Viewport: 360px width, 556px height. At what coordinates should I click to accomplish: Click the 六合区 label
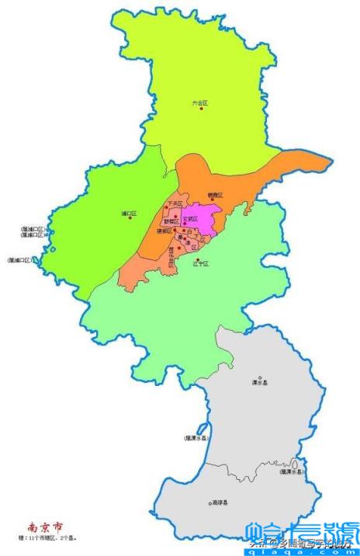point(201,103)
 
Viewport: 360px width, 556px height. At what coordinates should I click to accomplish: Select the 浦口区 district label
point(129,213)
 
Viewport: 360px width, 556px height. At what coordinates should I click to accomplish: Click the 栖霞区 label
point(215,195)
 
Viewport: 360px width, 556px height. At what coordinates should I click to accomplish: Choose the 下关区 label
point(173,203)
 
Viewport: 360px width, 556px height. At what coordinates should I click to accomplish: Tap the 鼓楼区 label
point(172,221)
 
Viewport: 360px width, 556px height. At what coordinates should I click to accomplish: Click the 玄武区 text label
point(190,220)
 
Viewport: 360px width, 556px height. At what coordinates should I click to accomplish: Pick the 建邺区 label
point(164,231)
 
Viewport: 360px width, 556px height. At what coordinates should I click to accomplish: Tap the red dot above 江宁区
point(199,259)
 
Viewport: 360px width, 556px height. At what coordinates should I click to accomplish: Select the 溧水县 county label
point(260,382)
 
